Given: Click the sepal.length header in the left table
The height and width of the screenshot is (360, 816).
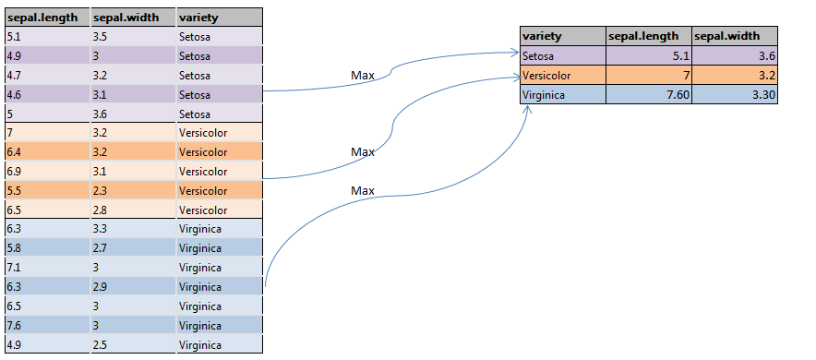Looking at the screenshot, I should point(46,18).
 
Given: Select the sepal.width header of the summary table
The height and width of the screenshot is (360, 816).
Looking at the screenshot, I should point(734,36).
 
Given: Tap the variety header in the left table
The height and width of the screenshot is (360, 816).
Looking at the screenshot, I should point(219,18).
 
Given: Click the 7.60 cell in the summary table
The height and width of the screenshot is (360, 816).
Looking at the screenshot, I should point(648,94).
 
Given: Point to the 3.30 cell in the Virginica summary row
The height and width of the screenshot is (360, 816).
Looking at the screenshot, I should point(734,94).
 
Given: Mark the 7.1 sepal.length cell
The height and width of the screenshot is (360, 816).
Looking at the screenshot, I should point(46,267).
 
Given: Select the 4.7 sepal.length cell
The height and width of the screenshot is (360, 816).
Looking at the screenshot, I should point(46,75).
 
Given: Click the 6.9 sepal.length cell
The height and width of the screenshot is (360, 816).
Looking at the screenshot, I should point(46,171).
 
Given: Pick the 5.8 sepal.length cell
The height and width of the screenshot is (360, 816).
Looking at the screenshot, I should point(46,247).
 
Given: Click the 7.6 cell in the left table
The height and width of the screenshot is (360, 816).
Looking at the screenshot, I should point(46,325).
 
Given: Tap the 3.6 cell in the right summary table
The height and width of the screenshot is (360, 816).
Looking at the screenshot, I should point(734,56).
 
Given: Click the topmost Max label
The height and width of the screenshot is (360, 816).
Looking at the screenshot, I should point(363,75).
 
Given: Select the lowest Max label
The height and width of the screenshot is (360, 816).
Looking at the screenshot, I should point(363,190).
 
